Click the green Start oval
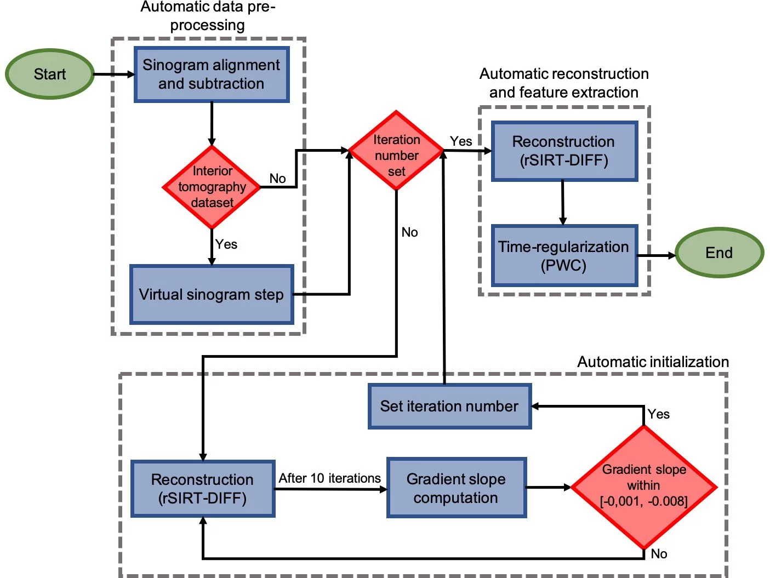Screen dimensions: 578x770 (50, 74)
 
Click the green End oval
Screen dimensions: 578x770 (718, 253)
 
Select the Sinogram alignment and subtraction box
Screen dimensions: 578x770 (212, 75)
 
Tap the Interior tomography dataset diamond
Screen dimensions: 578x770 (212, 187)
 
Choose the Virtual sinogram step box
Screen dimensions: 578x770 (212, 295)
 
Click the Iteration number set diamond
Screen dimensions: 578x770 (396, 155)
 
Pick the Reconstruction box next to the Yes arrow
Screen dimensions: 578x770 (563, 151)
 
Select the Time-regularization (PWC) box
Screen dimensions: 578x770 (563, 256)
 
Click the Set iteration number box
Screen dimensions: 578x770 (449, 406)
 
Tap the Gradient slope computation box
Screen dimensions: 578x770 (456, 488)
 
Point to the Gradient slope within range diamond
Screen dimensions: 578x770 (643, 486)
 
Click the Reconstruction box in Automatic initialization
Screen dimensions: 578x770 (203, 488)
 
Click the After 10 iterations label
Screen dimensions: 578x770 (329, 478)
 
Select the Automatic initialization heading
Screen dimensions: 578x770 (653, 362)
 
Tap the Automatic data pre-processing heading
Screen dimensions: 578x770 (208, 16)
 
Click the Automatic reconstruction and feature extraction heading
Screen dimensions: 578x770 (564, 83)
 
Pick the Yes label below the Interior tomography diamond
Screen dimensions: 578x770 (226, 244)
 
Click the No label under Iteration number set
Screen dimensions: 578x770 (409, 232)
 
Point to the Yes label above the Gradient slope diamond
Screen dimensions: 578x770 (658, 414)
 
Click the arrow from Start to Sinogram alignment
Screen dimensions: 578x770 (114, 74)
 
